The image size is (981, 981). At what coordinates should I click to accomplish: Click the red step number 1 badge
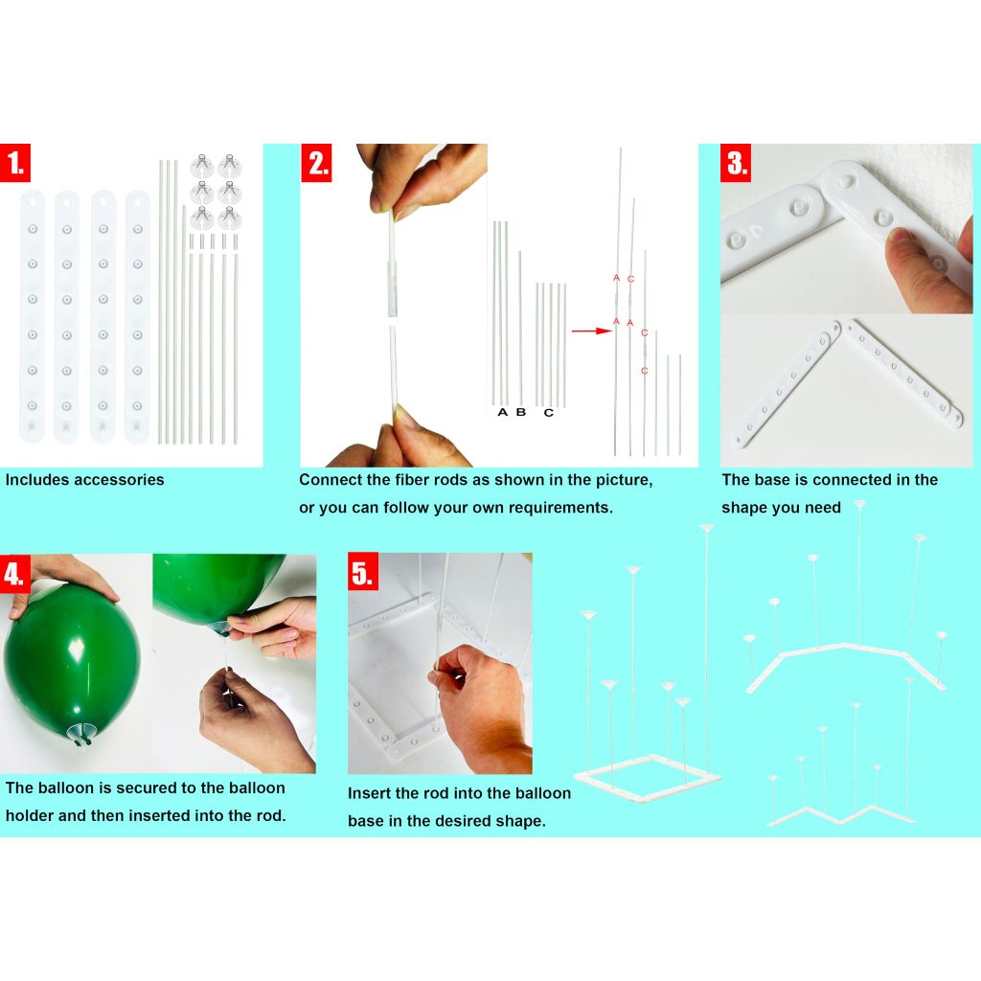(x=15, y=163)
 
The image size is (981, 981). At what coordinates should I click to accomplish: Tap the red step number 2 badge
(x=316, y=163)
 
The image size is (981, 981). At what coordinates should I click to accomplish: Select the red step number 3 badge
(x=736, y=163)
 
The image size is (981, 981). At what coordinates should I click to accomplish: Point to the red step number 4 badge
(x=15, y=573)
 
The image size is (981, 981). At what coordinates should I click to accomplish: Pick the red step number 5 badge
(x=363, y=572)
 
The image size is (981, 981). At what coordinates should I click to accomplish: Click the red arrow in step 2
(x=591, y=331)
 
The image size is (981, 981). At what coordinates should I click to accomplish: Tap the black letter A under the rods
(x=502, y=412)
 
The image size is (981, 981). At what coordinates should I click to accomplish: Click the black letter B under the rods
(x=521, y=412)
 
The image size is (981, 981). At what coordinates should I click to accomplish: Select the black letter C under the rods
(x=549, y=413)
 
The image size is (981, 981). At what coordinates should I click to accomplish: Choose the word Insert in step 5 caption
(x=367, y=793)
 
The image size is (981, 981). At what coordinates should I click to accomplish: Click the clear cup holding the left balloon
(x=81, y=731)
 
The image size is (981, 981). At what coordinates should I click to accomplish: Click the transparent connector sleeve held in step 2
(x=392, y=289)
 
